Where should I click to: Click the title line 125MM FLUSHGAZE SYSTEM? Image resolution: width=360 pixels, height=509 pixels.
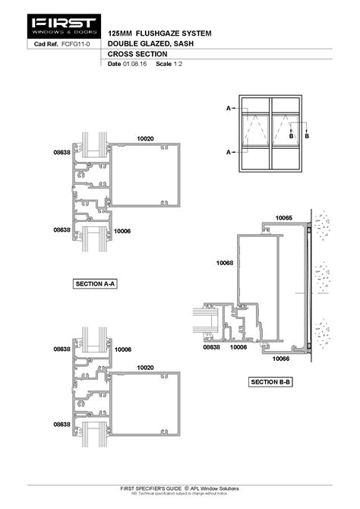[x=159, y=34]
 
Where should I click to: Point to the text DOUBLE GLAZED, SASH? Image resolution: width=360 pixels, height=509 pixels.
[x=149, y=45]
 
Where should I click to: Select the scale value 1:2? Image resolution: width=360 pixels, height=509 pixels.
[x=176, y=65]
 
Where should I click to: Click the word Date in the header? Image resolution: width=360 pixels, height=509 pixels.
[x=115, y=65]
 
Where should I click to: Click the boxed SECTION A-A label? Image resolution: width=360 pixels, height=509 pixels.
[x=95, y=283]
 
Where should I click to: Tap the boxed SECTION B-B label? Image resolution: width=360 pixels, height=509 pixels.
[x=270, y=381]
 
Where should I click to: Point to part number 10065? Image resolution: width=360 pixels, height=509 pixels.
[x=283, y=218]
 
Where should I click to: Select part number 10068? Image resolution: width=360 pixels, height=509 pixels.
[x=224, y=263]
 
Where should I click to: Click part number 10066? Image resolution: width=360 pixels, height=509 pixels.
[x=281, y=358]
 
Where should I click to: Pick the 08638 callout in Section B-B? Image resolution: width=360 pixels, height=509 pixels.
[x=211, y=347]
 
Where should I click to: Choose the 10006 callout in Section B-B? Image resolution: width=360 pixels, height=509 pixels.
[x=238, y=347]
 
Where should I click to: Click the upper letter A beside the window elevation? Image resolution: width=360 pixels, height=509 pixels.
[x=228, y=109]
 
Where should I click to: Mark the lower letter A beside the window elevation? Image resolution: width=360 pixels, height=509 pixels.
[x=228, y=152]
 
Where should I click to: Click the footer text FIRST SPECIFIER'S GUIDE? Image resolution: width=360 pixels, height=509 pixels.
[x=156, y=488]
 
